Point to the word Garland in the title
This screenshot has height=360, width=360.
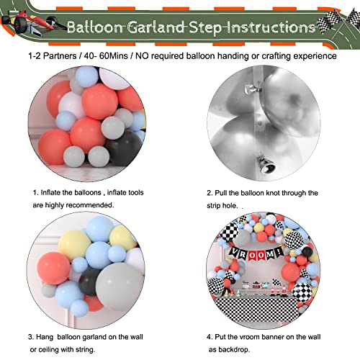click(x=156, y=27)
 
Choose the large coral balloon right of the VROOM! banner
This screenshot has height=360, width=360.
click(x=291, y=271)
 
